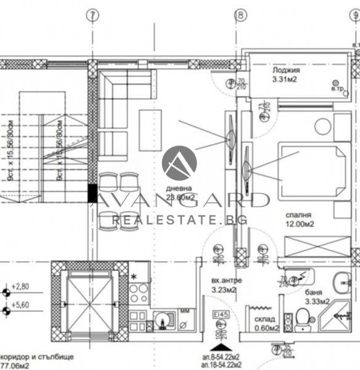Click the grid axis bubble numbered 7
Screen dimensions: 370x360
pos(92,15)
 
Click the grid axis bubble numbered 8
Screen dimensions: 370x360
pos(240,15)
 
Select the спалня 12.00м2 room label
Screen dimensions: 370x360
pos(298,220)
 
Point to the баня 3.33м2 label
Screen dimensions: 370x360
pos(316,297)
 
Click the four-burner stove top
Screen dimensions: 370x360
pos(139,292)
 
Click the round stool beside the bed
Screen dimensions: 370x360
pos(323,127)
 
